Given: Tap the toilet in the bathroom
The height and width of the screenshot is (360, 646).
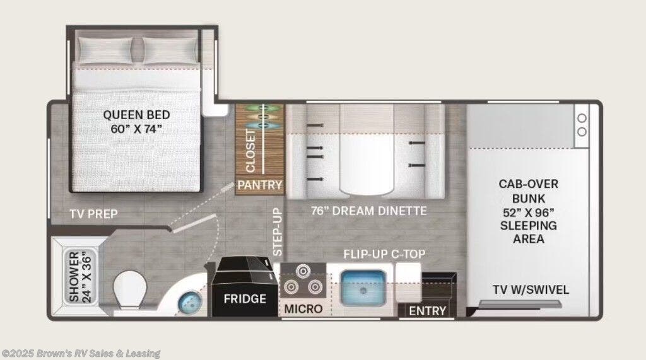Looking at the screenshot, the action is [130, 290].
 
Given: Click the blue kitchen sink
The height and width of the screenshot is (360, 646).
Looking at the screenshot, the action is [363, 287].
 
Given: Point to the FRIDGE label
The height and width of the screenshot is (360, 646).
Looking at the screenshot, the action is [245, 299].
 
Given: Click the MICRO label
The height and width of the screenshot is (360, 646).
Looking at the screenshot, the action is [303, 308].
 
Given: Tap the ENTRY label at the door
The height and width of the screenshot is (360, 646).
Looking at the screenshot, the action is [427, 311].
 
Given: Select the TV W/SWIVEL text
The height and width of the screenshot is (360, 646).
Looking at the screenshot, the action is [531, 289].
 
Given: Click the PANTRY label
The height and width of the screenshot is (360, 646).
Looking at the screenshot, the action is [260, 185].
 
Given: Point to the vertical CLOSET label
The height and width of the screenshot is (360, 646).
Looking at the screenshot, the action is [250, 151].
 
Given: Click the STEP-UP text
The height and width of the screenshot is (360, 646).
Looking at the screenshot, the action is [278, 232].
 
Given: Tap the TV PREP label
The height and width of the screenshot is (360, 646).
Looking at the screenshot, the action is [93, 214].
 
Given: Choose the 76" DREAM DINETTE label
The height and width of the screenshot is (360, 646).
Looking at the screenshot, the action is [368, 211].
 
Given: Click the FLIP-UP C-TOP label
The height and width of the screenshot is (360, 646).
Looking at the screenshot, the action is [384, 254].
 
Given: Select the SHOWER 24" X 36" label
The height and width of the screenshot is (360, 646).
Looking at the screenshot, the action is [80, 277].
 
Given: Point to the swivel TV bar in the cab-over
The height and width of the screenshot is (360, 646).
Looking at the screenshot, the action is [520, 304].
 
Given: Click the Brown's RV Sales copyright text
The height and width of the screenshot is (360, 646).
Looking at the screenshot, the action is [81, 354].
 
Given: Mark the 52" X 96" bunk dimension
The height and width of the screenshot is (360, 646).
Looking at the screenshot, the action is [529, 212].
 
